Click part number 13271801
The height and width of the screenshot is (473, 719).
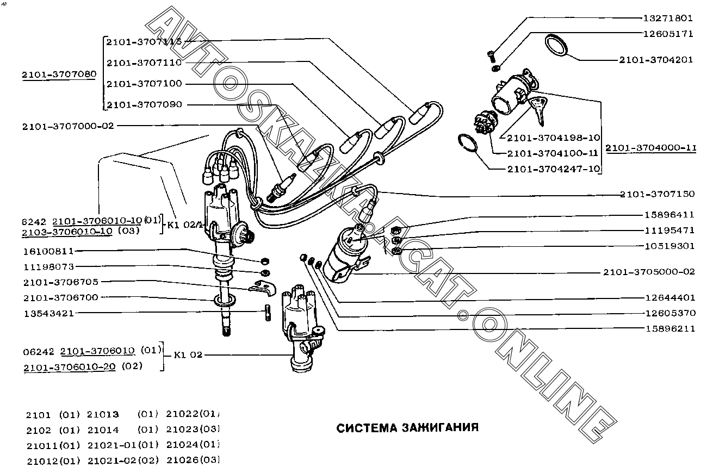[x=668, y=18]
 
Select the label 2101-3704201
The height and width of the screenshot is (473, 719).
[x=656, y=60]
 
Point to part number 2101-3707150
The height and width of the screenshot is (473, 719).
[x=657, y=194]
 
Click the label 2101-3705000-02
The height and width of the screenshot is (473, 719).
[x=649, y=272]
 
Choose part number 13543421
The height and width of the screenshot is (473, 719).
[x=48, y=314]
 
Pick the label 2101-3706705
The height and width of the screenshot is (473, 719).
[x=61, y=282]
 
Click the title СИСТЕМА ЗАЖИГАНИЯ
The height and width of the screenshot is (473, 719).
[x=408, y=427]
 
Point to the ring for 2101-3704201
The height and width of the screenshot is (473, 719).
[x=556, y=45]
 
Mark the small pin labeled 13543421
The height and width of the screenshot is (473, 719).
[x=268, y=314]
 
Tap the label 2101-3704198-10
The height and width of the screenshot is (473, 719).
[x=553, y=138]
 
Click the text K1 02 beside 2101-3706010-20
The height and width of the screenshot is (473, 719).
[x=188, y=355]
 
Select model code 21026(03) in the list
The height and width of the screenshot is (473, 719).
[x=193, y=460]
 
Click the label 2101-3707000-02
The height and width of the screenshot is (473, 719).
[x=69, y=126]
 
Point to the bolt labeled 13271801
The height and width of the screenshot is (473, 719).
[x=489, y=55]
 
